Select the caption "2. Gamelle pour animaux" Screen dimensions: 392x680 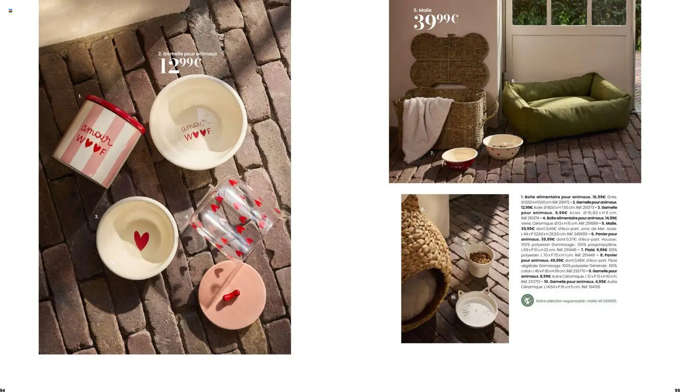click(x=187, y=53)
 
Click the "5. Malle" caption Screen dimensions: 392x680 click(x=422, y=10)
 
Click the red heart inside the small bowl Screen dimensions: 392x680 click(x=141, y=240)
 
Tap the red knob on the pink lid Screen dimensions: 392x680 click(x=231, y=296)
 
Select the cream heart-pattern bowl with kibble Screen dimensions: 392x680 click(x=503, y=146)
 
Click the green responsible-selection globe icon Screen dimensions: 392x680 click(x=527, y=300)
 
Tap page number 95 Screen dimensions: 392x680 click(x=677, y=390)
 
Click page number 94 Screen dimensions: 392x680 click(x=3, y=390)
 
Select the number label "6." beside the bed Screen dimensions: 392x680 click(x=513, y=81)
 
